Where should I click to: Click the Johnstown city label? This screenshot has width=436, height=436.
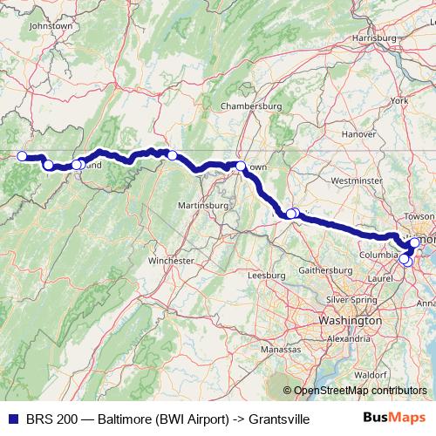click(50, 26)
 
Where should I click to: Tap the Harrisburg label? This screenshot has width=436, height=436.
click(374, 38)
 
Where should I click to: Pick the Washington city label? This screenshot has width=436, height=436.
click(350, 320)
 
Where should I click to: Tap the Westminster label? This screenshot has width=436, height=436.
click(358, 181)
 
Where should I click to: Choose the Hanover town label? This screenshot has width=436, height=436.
click(358, 134)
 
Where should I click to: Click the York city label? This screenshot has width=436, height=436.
click(400, 100)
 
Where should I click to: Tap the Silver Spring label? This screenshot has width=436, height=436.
click(350, 299)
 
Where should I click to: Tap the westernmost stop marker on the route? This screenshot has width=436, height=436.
click(23, 157)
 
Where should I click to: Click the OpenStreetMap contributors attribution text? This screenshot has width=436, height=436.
click(359, 391)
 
